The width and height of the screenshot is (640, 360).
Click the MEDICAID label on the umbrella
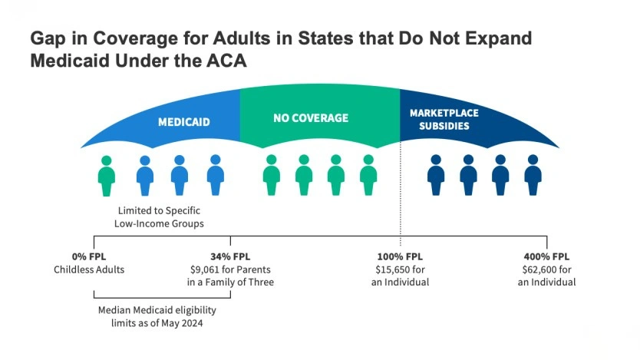click(x=183, y=122)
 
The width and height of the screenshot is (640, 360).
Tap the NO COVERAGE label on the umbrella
click(x=310, y=118)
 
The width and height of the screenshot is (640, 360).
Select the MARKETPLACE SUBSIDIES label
click(x=443, y=119)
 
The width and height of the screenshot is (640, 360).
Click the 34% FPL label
click(x=230, y=257)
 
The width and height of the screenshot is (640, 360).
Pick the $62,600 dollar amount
click(x=539, y=269)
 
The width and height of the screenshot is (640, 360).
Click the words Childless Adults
click(x=88, y=269)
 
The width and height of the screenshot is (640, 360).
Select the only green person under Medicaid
click(x=107, y=176)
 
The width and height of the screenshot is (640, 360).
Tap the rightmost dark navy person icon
click(x=533, y=176)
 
